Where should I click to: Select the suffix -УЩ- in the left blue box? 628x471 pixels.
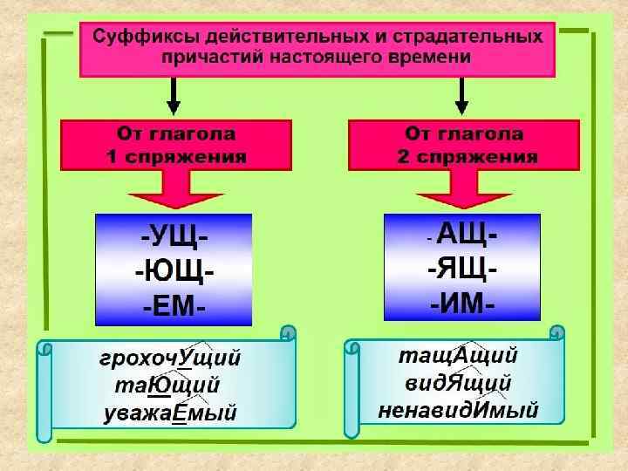point(173,235)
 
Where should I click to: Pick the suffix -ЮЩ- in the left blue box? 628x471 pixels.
point(174,271)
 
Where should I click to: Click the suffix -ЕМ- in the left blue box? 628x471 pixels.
point(173,305)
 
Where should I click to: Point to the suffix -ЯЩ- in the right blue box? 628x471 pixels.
point(462,269)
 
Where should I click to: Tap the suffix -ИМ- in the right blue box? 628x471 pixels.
point(462,304)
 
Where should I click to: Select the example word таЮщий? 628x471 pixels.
point(167,386)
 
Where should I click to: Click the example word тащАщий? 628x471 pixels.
point(458,356)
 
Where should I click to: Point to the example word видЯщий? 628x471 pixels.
point(458,383)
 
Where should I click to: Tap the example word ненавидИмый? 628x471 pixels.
point(458,409)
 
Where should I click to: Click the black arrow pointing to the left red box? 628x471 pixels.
point(174,97)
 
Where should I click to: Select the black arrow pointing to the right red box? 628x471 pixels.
point(462,97)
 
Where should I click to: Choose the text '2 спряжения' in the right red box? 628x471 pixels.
point(463,158)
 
